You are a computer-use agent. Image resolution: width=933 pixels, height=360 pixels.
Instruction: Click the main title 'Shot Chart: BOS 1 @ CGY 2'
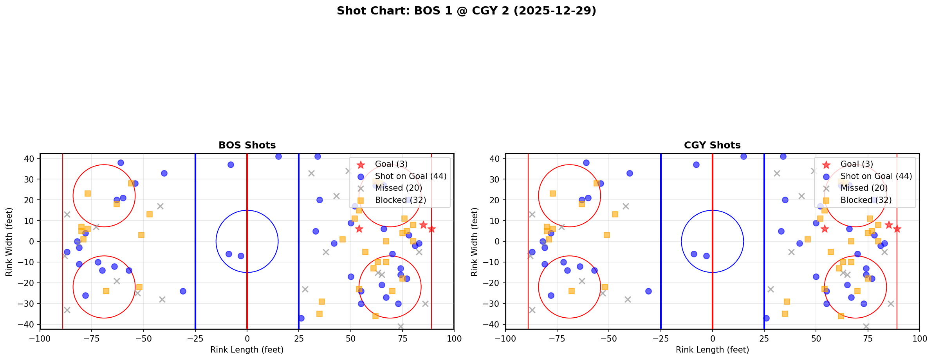pyautogui.click(x=466, y=11)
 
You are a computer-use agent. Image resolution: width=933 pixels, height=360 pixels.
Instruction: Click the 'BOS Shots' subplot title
pyautogui.click(x=247, y=145)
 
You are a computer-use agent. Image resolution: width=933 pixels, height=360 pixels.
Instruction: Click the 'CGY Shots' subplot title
pyautogui.click(x=712, y=145)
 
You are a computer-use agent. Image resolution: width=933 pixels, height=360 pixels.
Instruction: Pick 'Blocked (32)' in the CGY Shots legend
pyautogui.click(x=866, y=200)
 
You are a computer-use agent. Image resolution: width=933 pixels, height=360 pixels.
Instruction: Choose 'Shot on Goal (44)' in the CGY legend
pyautogui.click(x=876, y=176)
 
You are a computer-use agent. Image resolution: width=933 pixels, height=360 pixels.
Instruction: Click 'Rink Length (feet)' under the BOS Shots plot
pyautogui.click(x=247, y=350)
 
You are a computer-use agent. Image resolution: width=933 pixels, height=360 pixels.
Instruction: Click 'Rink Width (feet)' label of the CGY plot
pyautogui.click(x=475, y=241)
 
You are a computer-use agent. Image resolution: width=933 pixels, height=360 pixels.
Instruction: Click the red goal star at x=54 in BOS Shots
pyautogui.click(x=359, y=229)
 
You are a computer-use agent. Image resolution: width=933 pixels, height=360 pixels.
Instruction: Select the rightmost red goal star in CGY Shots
pyautogui.click(x=897, y=229)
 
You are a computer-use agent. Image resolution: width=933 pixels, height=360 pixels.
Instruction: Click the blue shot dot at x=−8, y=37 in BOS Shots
pyautogui.click(x=231, y=165)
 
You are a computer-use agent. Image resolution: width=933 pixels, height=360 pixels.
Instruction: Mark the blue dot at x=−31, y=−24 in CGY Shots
pyautogui.click(x=648, y=291)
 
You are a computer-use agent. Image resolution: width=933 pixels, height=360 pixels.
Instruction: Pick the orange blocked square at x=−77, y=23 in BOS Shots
pyautogui.click(x=88, y=194)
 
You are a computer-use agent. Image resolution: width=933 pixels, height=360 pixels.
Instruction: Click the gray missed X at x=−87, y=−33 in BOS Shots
pyautogui.click(x=67, y=310)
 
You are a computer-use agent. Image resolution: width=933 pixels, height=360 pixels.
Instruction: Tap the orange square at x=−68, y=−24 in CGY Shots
pyautogui.click(x=572, y=291)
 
